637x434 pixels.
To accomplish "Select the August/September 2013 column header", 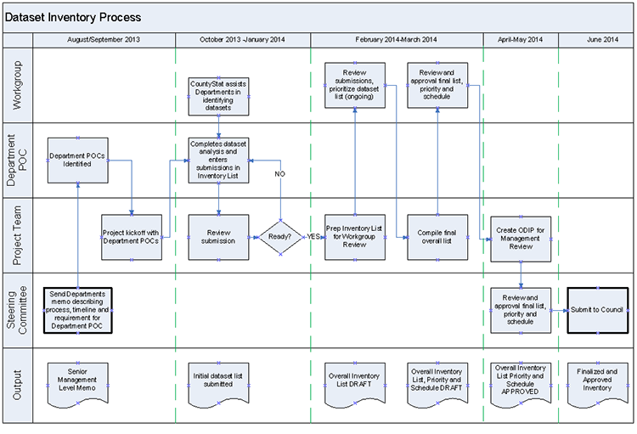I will click(x=104, y=40).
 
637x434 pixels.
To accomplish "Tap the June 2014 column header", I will click(x=596, y=40).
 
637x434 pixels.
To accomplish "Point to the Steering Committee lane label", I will click(x=18, y=310).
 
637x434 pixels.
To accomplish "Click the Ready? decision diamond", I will click(x=281, y=235).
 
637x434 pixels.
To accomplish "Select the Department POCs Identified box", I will click(x=77, y=160).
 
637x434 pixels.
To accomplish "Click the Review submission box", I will click(x=219, y=235).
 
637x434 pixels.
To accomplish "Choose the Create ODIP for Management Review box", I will click(x=521, y=237).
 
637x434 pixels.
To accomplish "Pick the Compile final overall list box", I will click(x=437, y=237).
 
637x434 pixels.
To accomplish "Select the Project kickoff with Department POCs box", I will click(x=132, y=235).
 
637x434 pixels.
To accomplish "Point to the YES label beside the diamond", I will click(x=314, y=236).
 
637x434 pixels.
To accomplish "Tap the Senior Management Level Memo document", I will click(x=77, y=379).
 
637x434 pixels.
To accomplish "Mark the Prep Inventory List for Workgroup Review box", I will click(x=355, y=235).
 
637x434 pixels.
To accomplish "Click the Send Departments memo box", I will click(x=77, y=310).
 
